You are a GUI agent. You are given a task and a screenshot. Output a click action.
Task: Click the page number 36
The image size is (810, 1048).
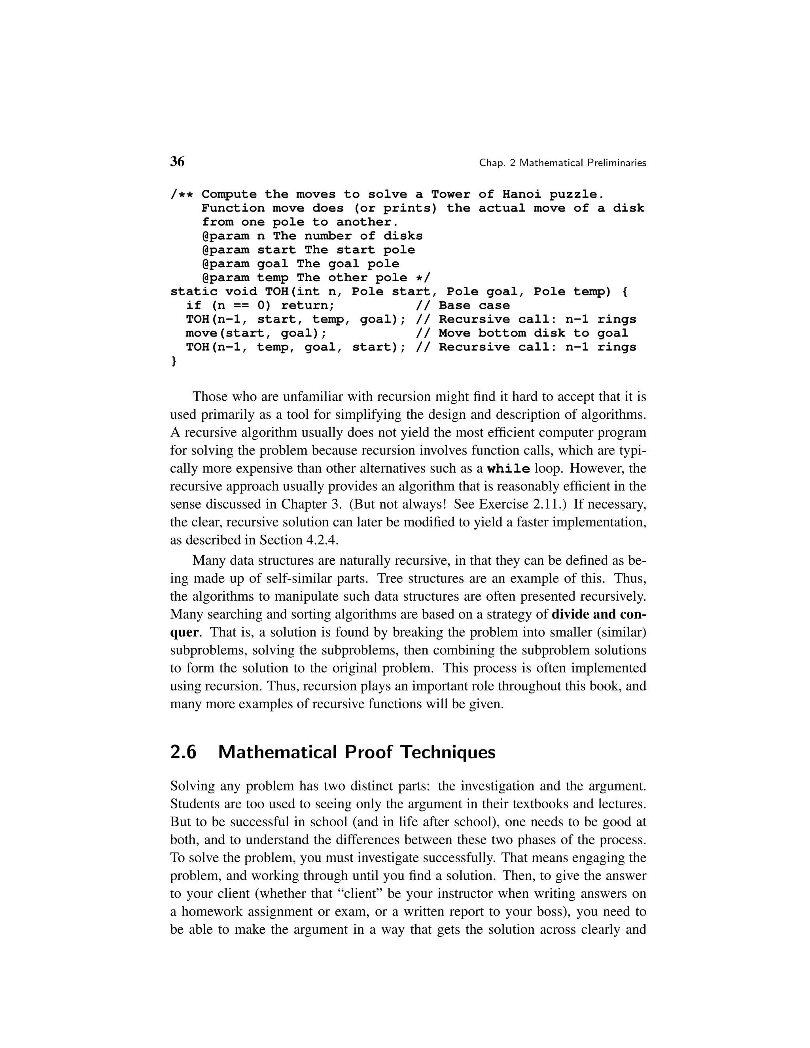coord(177,162)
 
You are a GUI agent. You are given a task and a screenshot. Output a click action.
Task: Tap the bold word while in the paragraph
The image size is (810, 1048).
coord(508,469)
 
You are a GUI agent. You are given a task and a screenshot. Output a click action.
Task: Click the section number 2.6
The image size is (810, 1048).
coord(183,752)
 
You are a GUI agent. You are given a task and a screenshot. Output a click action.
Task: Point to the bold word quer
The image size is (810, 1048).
coord(184,632)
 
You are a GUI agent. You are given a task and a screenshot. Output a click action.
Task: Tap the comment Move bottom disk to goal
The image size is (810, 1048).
coord(533,333)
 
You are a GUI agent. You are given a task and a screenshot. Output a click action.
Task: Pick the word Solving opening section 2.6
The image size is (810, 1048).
coord(193,787)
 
